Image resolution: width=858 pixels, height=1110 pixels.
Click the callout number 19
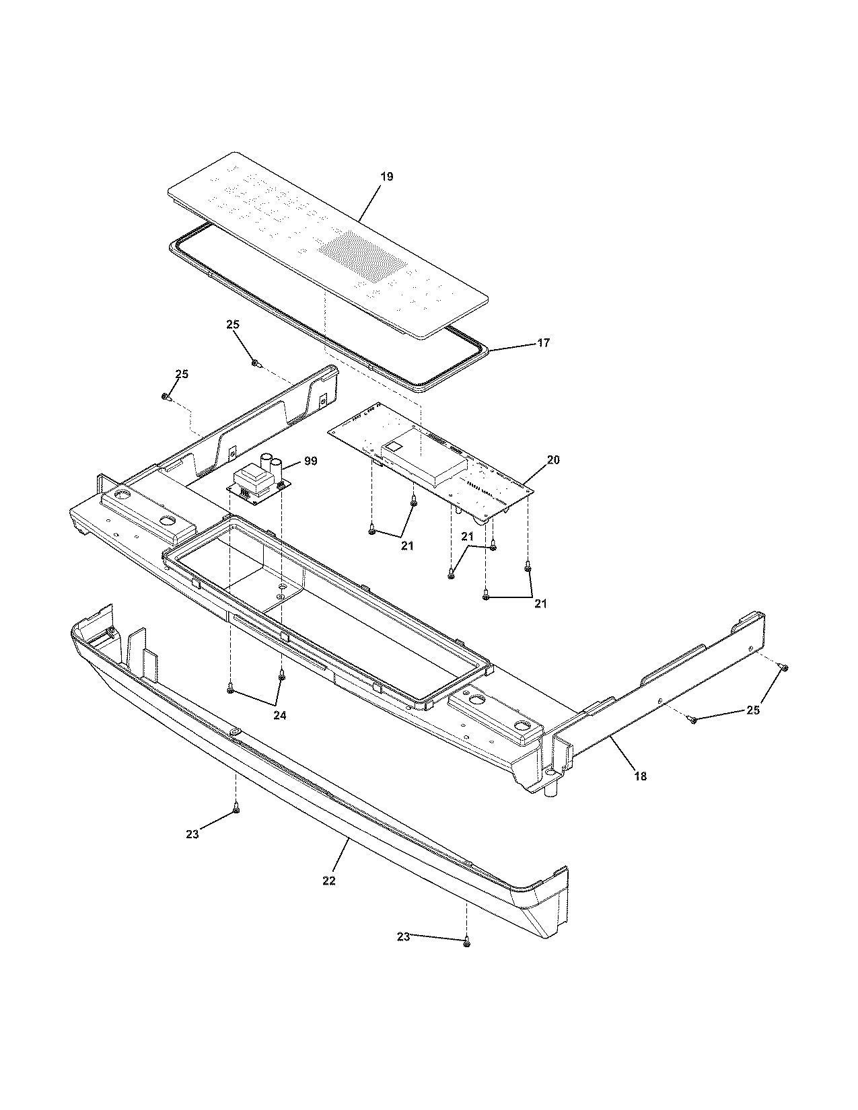(386, 177)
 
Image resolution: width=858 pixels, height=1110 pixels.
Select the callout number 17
(543, 343)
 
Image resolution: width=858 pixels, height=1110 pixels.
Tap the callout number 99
(310, 461)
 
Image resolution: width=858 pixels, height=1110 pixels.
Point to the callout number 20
(553, 460)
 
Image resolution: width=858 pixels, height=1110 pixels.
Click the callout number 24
(279, 716)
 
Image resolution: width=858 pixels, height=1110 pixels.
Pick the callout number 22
(328, 881)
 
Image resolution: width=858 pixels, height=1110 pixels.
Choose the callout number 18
(640, 776)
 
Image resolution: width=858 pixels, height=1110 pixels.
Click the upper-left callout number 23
(192, 834)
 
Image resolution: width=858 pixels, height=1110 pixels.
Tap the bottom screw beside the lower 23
(466, 944)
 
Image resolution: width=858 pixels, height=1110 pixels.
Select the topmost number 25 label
(233, 324)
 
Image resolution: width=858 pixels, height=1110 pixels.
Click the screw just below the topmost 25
(256, 363)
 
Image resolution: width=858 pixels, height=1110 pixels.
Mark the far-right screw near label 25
(784, 667)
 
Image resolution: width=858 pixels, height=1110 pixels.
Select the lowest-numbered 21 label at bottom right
(540, 603)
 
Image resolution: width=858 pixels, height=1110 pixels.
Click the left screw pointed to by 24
(231, 690)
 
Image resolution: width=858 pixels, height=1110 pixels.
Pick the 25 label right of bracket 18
(752, 710)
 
